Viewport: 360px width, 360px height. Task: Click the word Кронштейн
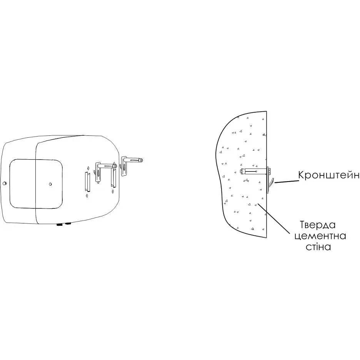click(328, 175)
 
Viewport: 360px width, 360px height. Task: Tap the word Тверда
click(318, 225)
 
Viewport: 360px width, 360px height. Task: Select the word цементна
click(320, 236)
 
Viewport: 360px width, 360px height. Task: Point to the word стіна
click(318, 247)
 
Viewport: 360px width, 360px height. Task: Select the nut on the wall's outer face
click(269, 171)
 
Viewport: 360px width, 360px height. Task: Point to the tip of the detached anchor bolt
click(143, 159)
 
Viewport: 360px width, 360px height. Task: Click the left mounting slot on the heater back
click(87, 182)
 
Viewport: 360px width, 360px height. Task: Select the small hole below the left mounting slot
click(87, 196)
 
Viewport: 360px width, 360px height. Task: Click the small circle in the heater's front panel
click(50, 184)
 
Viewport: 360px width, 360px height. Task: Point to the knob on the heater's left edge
click(4, 183)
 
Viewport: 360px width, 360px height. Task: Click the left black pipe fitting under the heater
click(60, 225)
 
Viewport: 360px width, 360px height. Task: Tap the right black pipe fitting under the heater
click(68, 223)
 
